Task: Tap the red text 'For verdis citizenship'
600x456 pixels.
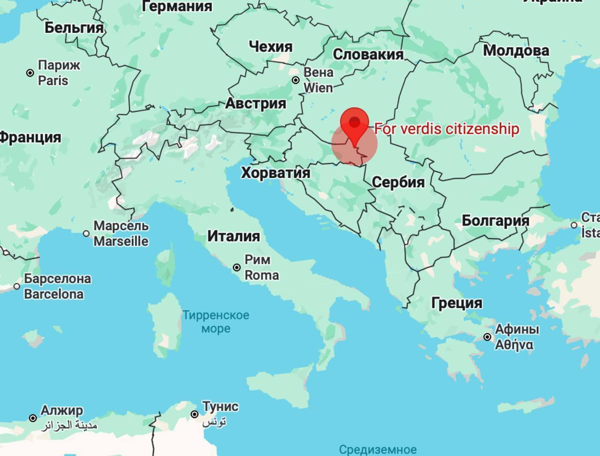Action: click(447, 129)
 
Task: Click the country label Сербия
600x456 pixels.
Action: click(398, 182)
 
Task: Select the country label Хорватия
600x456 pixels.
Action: click(276, 173)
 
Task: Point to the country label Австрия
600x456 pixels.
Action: click(255, 103)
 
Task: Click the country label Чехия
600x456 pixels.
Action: click(270, 46)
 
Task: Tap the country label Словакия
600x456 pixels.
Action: click(368, 54)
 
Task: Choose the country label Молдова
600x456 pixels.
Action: click(516, 50)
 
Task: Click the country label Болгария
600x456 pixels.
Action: click(495, 220)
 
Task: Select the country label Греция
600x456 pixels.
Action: click(457, 303)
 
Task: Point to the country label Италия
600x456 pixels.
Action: click(233, 236)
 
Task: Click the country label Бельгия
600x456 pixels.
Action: click(74, 28)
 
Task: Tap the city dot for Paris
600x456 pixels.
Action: click(30, 73)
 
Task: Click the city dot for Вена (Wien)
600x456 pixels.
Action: click(296, 80)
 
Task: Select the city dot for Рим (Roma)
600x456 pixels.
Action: click(237, 267)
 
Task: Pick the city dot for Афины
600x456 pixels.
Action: click(487, 337)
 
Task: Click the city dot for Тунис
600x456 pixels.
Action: click(195, 414)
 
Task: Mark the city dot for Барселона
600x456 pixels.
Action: click(17, 286)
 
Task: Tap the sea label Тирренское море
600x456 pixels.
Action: click(216, 322)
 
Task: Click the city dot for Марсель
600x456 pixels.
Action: click(86, 233)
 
